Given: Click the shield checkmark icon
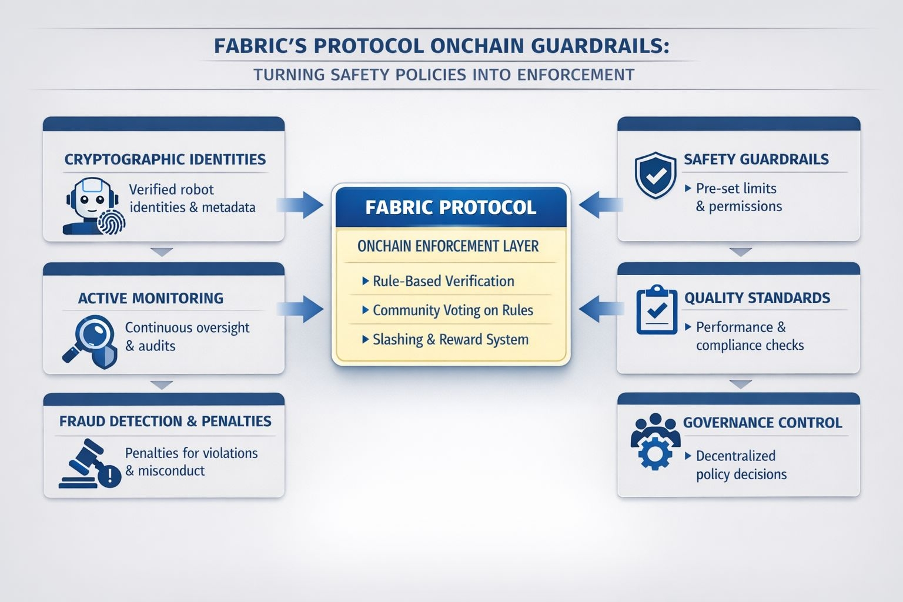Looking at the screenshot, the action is [655, 175].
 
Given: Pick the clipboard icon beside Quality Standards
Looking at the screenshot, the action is [656, 310].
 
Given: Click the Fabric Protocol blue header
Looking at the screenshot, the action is [450, 207].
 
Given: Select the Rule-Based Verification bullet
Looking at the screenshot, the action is [443, 281].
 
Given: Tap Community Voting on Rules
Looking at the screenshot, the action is [453, 310].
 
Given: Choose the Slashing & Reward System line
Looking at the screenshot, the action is [450, 339].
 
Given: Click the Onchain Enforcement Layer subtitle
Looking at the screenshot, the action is [448, 246].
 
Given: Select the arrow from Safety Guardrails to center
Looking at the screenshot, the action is [600, 205].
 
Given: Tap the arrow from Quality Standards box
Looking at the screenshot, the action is [600, 309].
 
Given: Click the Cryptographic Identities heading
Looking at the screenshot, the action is [165, 159].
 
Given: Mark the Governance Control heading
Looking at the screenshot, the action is [762, 423].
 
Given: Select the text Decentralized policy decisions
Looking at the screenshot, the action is [741, 465].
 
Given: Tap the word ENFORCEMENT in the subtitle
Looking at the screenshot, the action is [576, 75].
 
